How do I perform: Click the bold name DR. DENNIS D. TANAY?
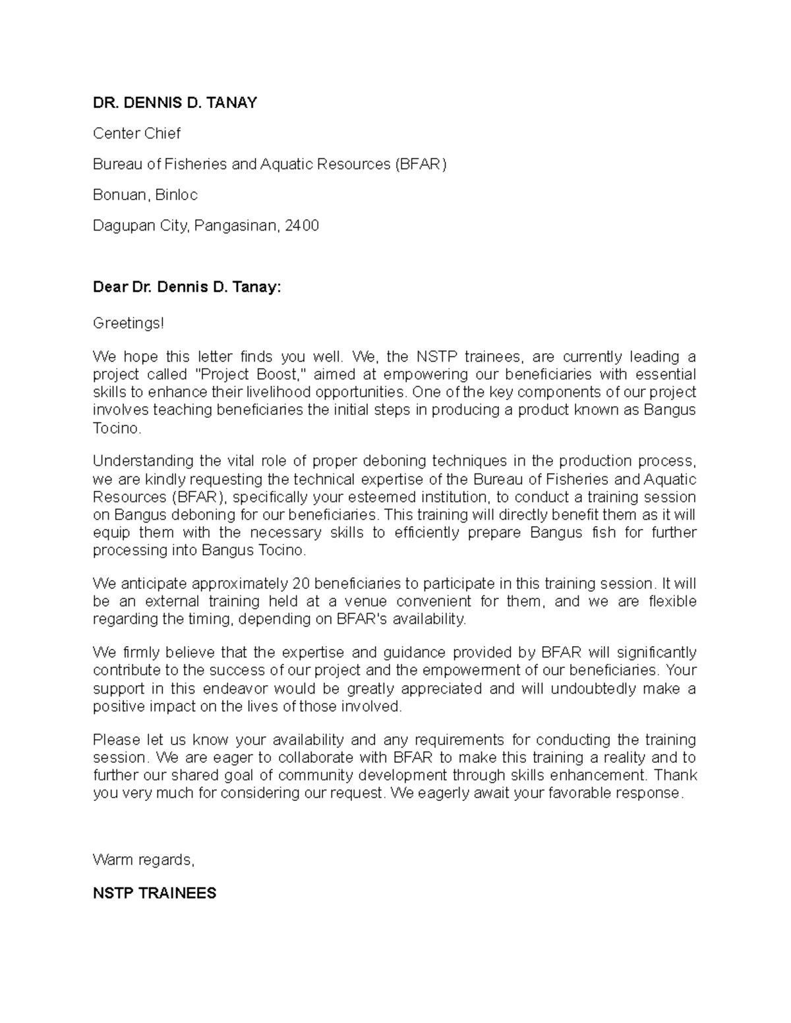(175, 103)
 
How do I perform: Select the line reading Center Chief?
(136, 134)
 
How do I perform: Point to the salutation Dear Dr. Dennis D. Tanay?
(187, 288)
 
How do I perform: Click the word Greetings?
(127, 323)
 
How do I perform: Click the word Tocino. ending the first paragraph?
(117, 428)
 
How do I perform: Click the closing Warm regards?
(144, 860)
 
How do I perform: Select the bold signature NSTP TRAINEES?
(154, 894)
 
